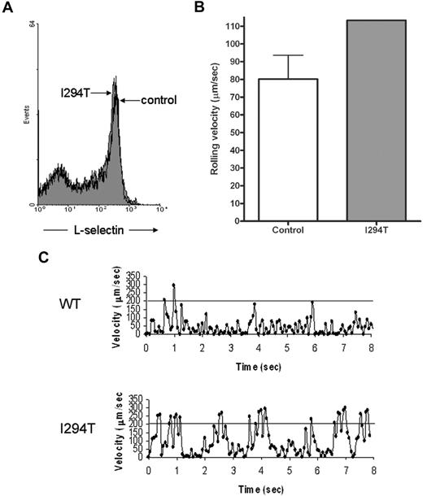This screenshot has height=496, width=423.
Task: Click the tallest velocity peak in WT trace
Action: click(x=174, y=285)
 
